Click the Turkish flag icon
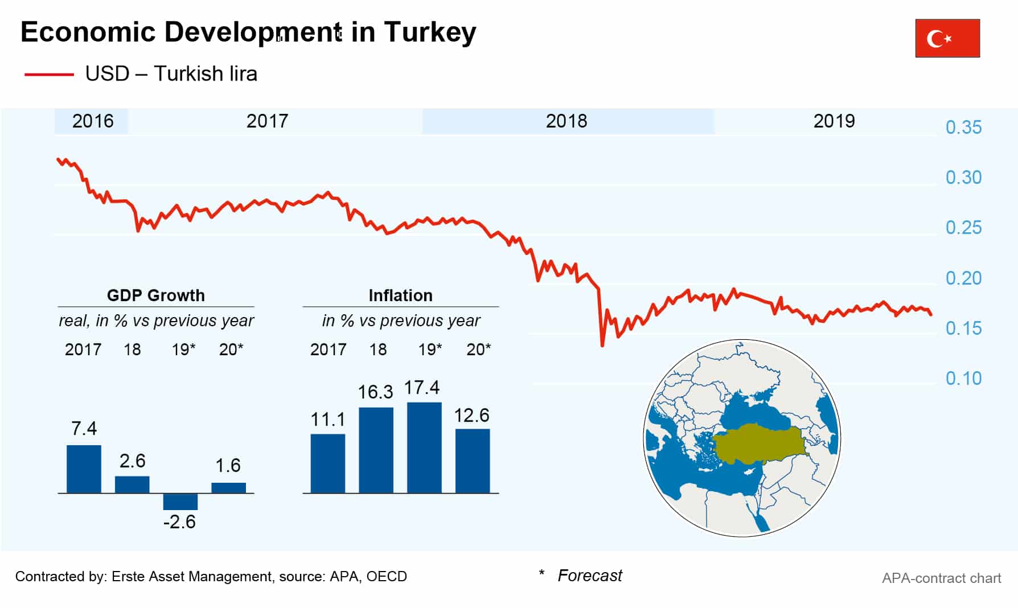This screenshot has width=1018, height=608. click(947, 38)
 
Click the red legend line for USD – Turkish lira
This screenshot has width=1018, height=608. click(49, 74)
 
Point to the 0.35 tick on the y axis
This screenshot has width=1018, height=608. click(963, 127)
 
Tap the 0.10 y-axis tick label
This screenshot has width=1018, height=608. click(963, 379)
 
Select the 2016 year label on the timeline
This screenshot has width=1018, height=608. click(92, 121)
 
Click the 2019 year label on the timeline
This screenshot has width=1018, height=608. click(834, 121)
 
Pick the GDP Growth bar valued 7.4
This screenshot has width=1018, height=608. click(84, 469)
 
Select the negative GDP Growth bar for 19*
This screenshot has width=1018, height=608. click(180, 502)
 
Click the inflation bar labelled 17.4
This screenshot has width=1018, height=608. click(424, 447)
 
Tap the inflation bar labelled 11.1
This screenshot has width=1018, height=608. click(327, 463)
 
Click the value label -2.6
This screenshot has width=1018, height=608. click(179, 522)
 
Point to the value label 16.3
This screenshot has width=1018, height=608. click(375, 392)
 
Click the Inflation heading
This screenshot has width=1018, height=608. click(400, 295)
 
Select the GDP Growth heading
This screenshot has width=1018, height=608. click(155, 295)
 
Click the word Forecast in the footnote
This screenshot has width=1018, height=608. click(589, 576)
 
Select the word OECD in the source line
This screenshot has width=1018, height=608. click(387, 577)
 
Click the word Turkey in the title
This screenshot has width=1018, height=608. click(430, 32)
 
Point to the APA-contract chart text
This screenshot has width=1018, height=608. click(941, 578)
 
